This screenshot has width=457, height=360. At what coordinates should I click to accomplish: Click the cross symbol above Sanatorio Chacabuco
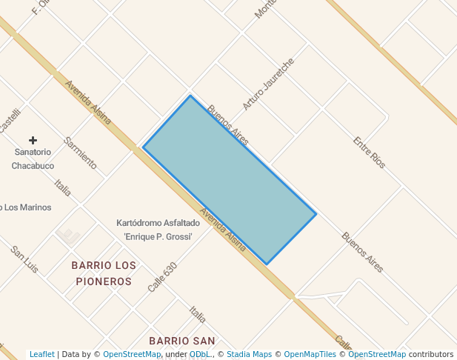click(33, 140)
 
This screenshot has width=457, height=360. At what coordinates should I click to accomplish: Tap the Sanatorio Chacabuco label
click(33, 159)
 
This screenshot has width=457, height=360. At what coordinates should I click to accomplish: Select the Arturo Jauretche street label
click(268, 83)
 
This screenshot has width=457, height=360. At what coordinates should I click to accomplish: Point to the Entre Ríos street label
click(369, 152)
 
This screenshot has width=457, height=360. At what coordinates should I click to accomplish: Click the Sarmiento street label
click(81, 153)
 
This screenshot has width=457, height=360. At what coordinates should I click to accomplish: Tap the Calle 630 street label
click(162, 277)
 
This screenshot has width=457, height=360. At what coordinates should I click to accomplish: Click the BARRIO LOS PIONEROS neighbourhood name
click(104, 273)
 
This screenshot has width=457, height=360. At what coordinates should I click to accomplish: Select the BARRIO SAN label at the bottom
click(181, 341)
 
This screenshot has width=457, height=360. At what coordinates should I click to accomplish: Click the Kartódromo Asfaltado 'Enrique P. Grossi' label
click(159, 230)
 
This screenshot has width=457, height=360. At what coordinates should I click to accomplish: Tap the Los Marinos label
click(26, 207)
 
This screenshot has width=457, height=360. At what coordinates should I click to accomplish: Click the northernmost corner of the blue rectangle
click(190, 96)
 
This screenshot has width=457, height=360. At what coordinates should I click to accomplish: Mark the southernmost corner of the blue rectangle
click(267, 264)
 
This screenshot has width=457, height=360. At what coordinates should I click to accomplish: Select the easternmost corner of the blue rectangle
click(316, 214)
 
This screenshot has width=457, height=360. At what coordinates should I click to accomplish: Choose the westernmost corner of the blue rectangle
click(143, 147)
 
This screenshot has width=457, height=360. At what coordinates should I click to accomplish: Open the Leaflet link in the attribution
click(41, 355)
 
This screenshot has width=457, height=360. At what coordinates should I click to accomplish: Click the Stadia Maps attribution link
click(249, 355)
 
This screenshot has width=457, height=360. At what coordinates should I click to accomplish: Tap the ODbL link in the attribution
click(199, 355)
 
